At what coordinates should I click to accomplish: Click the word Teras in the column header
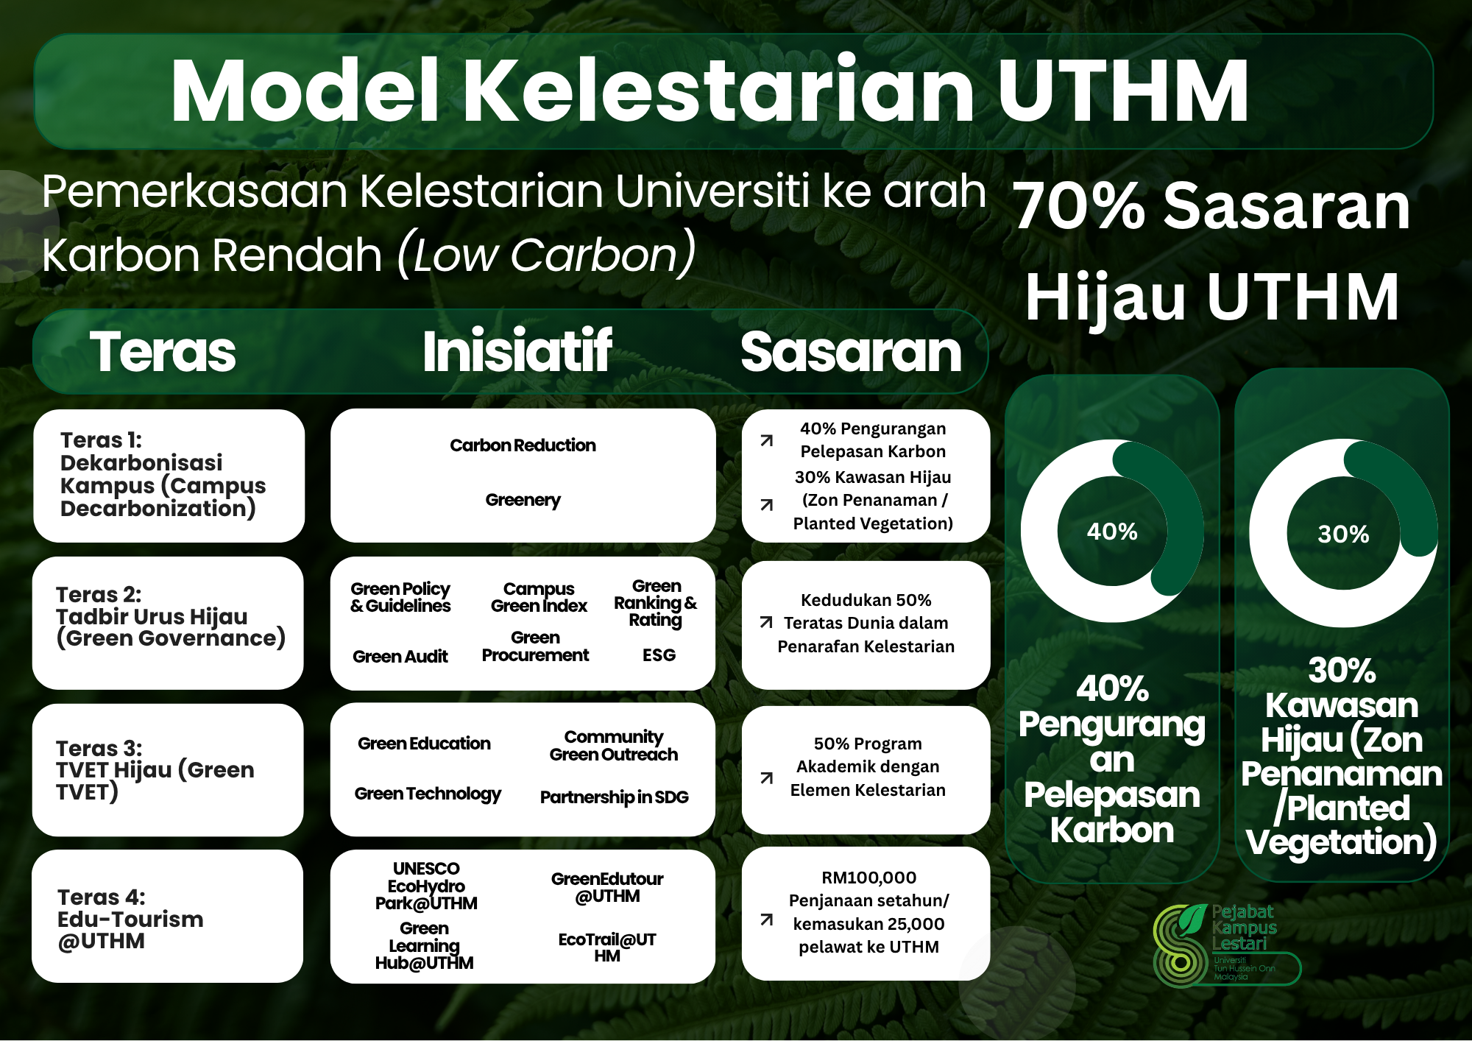coord(163,352)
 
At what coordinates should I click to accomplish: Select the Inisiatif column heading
coord(517,352)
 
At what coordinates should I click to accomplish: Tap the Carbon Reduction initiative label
coord(523,445)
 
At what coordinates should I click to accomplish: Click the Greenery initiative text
coord(523,501)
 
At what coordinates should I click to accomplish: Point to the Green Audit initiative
coord(400,657)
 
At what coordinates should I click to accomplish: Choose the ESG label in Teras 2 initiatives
coord(659,655)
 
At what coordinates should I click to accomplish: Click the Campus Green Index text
coord(539,598)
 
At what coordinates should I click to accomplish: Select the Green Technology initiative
coord(428,794)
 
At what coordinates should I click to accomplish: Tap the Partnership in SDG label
coord(615,797)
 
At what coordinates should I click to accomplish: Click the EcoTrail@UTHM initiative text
coord(607,948)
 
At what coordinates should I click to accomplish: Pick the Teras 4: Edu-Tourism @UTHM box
coord(168,917)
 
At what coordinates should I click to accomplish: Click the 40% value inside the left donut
coord(1112,532)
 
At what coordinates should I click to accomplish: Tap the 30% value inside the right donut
coord(1343,534)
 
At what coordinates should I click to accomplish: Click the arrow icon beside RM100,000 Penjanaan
coord(767,920)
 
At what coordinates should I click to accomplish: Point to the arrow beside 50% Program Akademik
coord(767,778)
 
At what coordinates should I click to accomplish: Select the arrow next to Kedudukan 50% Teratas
coord(766,623)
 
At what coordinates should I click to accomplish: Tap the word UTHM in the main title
coord(1123,91)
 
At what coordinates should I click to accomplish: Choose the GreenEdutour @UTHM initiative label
coord(607,887)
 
